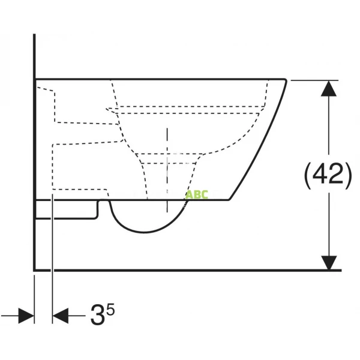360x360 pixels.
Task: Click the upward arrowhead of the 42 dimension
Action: point(328,89)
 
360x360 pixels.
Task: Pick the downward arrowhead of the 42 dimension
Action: point(328,262)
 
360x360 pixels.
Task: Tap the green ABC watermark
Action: point(196,194)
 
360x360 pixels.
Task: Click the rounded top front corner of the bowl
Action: point(282,84)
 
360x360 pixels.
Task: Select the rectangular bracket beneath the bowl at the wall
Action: point(66,210)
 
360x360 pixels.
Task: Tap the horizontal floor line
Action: point(180,270)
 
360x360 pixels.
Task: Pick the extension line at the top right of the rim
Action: point(312,79)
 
